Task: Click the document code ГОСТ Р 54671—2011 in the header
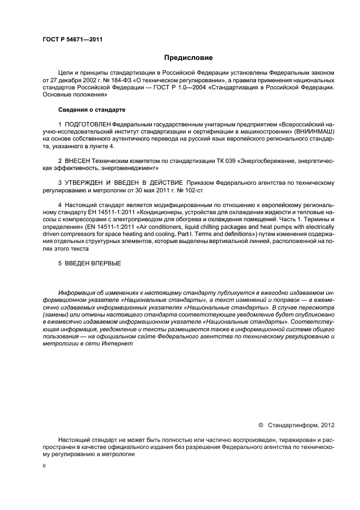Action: [x=73, y=40]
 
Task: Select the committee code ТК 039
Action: [x=209, y=162]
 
